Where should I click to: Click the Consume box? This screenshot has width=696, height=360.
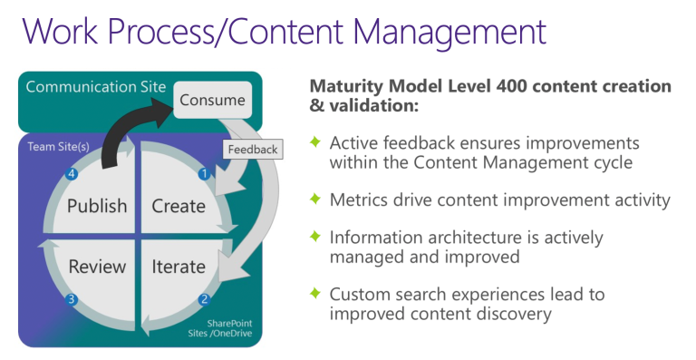(212, 101)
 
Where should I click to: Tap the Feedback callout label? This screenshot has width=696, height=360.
(253, 148)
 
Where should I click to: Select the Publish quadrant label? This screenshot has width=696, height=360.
(97, 206)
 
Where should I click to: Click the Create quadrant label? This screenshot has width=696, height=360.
(179, 206)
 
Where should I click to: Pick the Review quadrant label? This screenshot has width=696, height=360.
(97, 267)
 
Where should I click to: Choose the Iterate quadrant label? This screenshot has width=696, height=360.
(179, 267)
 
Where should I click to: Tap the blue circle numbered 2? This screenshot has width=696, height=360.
(205, 300)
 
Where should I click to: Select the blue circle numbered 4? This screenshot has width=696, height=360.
(70, 172)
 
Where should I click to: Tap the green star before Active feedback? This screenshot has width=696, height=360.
(315, 143)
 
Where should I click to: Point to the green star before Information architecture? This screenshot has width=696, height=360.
(315, 237)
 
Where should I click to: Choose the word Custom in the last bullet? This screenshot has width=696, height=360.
(358, 294)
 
